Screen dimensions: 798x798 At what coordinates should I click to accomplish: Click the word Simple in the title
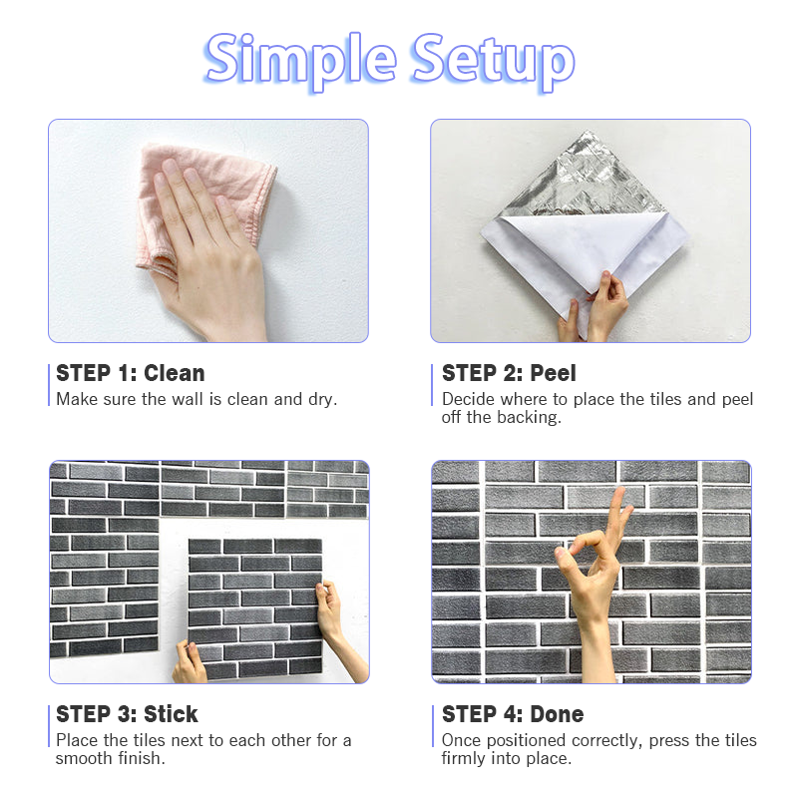point(300,61)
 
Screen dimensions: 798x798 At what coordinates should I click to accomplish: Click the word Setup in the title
point(494,61)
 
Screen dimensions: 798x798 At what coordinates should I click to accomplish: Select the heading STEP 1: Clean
point(131,373)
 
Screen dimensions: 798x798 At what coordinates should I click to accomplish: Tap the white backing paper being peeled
point(586,249)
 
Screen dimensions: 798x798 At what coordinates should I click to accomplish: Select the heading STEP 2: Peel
point(509,373)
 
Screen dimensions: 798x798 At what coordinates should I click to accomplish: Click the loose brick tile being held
point(254,608)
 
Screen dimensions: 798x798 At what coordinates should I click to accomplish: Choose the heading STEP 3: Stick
point(127,714)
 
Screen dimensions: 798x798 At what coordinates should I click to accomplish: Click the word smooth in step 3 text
point(84,758)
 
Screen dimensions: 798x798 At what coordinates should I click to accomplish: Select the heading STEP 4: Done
point(513,714)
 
